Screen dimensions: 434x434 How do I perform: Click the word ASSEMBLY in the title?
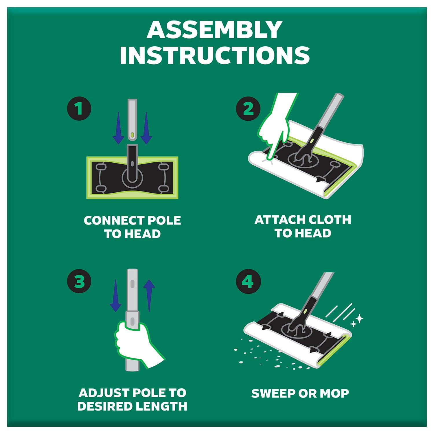tap(214, 30)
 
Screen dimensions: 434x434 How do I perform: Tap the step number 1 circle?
tap(79, 109)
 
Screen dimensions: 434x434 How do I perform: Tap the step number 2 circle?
tap(248, 109)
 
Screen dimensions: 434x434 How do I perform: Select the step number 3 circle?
tap(79, 281)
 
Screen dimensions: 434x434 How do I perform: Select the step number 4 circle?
tap(248, 281)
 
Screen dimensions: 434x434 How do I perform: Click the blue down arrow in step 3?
tap(116, 295)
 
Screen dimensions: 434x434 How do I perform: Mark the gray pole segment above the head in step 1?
tap(132, 120)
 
